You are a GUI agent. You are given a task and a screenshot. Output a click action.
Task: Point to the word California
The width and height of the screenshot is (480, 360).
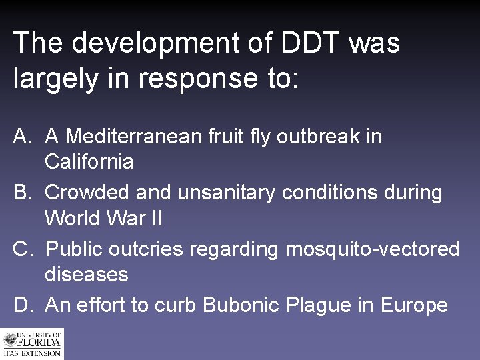click(89, 161)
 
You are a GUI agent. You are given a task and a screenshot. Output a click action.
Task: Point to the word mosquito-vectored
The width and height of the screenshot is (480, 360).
click(373, 250)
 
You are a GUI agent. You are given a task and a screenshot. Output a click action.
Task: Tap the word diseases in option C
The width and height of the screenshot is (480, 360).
click(86, 274)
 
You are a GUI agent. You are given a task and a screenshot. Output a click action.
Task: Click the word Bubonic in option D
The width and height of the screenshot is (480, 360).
click(241, 305)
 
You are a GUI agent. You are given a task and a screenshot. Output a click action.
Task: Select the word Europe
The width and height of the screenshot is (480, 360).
click(414, 306)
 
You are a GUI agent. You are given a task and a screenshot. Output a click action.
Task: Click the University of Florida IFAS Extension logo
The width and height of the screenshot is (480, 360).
click(32, 345)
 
